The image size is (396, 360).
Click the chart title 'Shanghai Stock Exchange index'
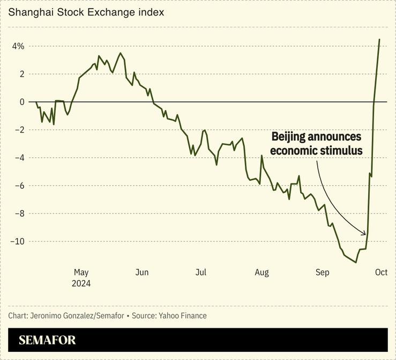point(86,11)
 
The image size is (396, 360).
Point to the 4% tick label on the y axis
point(18,46)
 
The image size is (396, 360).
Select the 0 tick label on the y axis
point(22,102)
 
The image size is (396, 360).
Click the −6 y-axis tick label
point(19,186)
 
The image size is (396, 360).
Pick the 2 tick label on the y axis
point(22,74)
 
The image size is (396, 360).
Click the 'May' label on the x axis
point(81,273)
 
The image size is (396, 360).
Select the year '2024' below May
point(81,284)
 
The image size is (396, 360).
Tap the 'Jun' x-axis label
point(141,273)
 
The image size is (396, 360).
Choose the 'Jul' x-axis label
point(200,273)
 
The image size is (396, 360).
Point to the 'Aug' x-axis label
point(261,273)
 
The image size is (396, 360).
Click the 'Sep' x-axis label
point(322,273)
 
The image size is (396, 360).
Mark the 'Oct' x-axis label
point(380,273)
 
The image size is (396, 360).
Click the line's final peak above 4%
point(379,39)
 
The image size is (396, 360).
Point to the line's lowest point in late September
point(356,262)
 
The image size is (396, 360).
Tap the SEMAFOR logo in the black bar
point(47,340)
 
